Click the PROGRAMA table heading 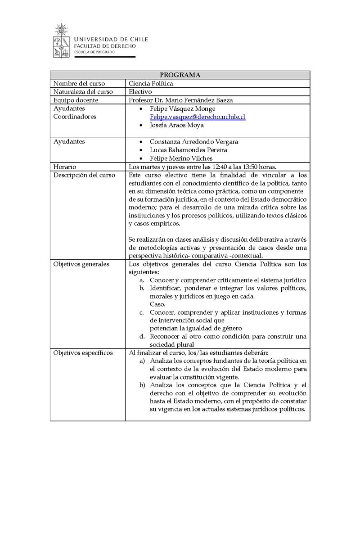coord(180,75)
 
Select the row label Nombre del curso coord(79,84)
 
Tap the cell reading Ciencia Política coord(151,84)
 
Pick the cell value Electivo coord(140,92)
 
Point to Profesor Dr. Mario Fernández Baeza coord(180,100)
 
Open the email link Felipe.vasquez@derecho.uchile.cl coord(198,117)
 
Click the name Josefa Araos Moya coord(177,125)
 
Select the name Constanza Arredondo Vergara coord(194,141)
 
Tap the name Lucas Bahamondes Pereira coord(189,150)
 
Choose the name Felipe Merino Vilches coord(181,158)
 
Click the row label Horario coord(65,167)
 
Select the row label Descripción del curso coord(84,175)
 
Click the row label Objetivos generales coord(81,264)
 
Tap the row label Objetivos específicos coord(83,352)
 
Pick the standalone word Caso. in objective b coord(157,304)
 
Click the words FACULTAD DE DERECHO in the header coord(104,46)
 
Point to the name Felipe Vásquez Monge coord(183,108)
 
